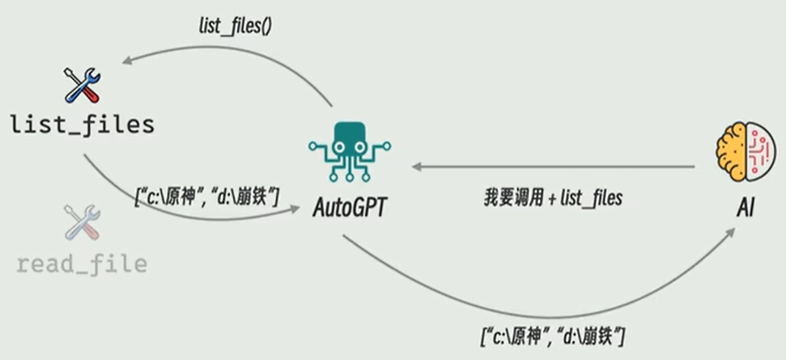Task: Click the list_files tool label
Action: pos(82,125)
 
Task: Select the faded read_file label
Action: pos(82,264)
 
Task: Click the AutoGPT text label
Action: pos(351,207)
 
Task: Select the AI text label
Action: pos(746,208)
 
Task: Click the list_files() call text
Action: pos(236,27)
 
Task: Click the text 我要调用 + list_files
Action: pos(553,197)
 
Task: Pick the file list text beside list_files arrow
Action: pos(206,195)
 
